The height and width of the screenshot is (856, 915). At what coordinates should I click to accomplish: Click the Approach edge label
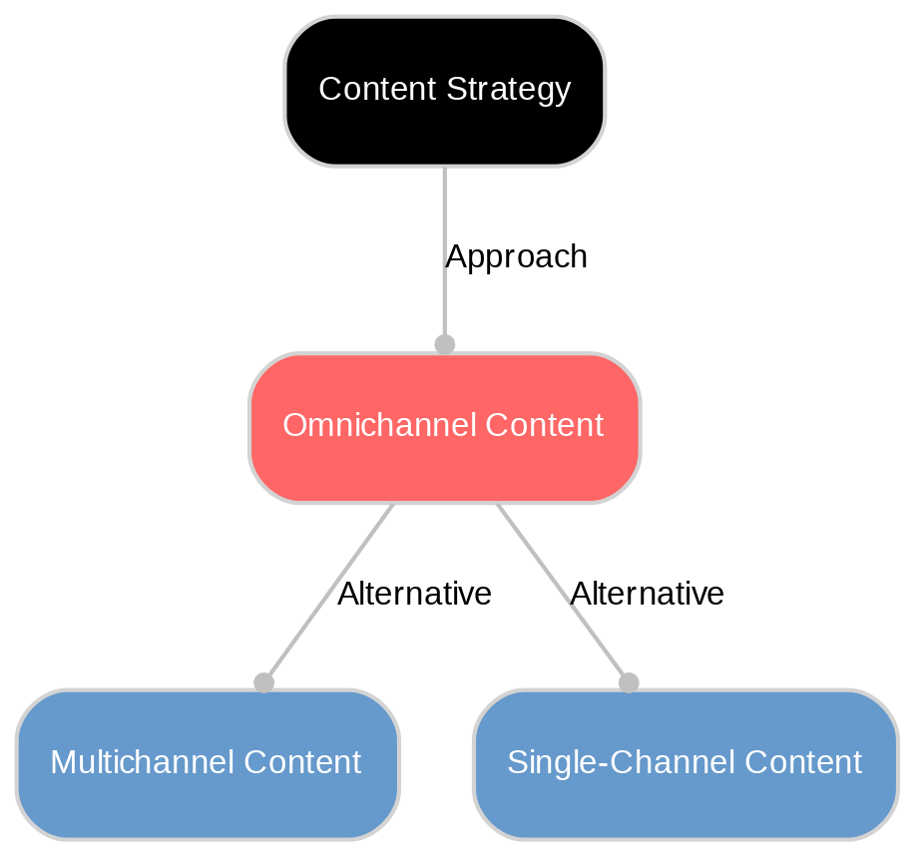(516, 257)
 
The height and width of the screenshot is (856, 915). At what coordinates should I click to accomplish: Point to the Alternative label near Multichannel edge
(414, 595)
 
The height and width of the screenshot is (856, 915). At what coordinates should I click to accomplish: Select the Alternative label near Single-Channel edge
(647, 595)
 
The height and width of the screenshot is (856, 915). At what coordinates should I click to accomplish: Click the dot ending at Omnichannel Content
(444, 344)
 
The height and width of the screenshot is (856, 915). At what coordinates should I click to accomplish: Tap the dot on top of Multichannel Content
(263, 682)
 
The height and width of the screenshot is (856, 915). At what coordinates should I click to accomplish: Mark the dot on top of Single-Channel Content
(628, 682)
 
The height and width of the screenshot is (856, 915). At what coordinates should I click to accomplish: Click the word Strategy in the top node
(508, 90)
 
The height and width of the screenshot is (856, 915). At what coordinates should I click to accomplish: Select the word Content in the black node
(377, 90)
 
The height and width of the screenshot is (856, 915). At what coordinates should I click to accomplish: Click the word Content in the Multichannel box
(301, 763)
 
